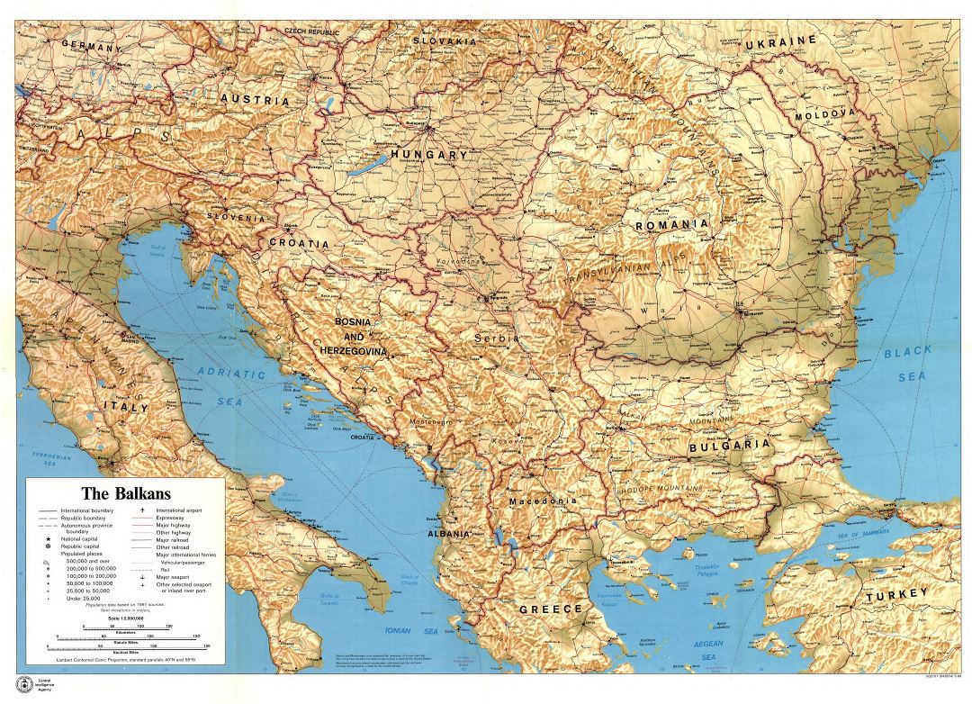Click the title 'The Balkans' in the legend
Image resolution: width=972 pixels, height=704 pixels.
coord(126,493)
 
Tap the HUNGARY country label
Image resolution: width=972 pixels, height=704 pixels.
coord(428,155)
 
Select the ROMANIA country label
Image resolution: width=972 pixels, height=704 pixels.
coord(671,224)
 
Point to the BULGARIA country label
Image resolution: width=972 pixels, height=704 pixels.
coord(729,445)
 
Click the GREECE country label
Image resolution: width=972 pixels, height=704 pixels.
coord(551,609)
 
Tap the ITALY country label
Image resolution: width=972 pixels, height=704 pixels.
coord(124,408)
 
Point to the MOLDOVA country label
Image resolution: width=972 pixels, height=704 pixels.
coord(823,114)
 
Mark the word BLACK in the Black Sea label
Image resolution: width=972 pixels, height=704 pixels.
coord(906,352)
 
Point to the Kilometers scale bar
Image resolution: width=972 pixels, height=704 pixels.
coord(130,636)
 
